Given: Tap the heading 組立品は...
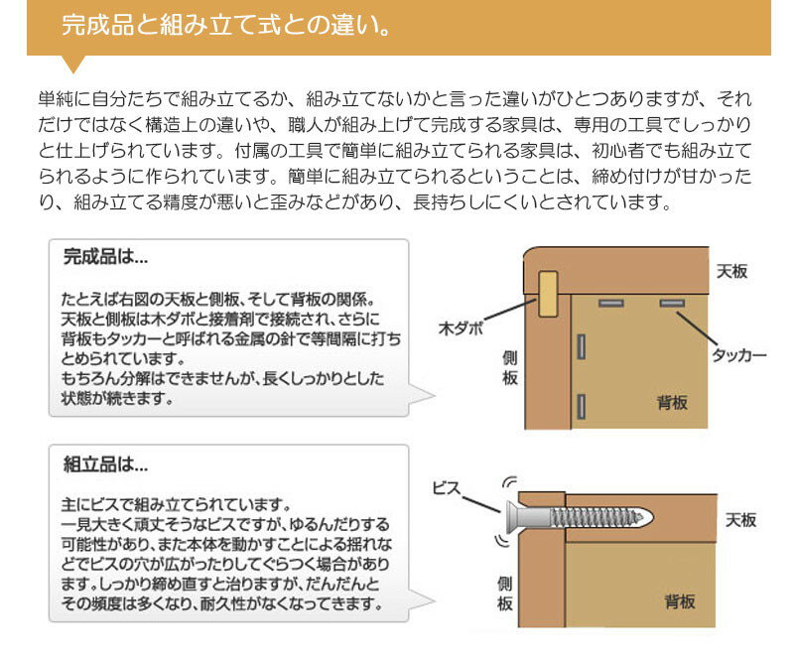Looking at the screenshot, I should [105, 463].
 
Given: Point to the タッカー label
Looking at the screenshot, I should [739, 354].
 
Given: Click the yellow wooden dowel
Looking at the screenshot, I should [547, 292].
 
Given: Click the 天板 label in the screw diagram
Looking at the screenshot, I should [740, 520].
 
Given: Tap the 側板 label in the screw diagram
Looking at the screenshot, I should [505, 594].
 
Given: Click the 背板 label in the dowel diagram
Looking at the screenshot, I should [672, 402].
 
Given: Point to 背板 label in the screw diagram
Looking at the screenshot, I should [679, 601].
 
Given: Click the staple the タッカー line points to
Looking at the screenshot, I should [672, 301].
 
